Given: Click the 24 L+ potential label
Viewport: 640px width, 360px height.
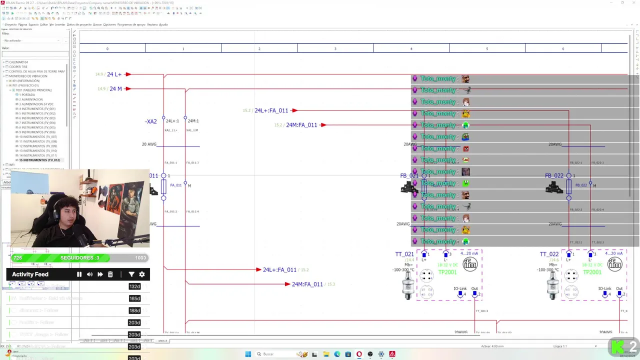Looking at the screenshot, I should click(x=114, y=74).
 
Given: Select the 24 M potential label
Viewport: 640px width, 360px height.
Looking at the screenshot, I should click(x=115, y=89).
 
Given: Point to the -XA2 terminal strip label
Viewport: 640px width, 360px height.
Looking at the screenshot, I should click(x=151, y=121).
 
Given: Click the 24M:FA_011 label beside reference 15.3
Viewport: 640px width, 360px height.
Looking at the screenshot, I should click(x=307, y=284).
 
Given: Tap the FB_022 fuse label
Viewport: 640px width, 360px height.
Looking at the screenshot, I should click(x=554, y=176).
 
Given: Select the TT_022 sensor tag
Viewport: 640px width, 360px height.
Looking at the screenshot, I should click(x=549, y=254).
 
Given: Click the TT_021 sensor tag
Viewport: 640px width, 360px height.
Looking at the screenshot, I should click(x=404, y=254).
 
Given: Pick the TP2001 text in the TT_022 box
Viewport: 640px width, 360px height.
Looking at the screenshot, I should click(x=592, y=272).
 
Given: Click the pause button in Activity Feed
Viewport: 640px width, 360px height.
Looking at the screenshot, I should click(x=79, y=274).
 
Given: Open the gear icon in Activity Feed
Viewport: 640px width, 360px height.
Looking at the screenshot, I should click(x=142, y=274).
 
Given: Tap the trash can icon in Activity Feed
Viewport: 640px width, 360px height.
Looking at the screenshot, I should click(x=110, y=274).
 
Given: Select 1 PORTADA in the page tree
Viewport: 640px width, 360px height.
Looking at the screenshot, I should click(x=27, y=94).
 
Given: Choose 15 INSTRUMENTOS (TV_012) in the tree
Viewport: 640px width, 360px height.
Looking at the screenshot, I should click(x=39, y=160).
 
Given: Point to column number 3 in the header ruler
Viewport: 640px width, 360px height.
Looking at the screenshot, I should click(x=335, y=48).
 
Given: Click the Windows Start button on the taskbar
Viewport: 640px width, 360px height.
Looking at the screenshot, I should click(x=248, y=354).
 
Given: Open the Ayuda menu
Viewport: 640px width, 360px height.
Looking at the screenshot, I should click(x=163, y=24).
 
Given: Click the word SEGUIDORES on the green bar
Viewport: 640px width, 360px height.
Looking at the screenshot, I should click(x=77, y=258).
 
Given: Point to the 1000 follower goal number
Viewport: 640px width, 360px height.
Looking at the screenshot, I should click(x=140, y=258).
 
